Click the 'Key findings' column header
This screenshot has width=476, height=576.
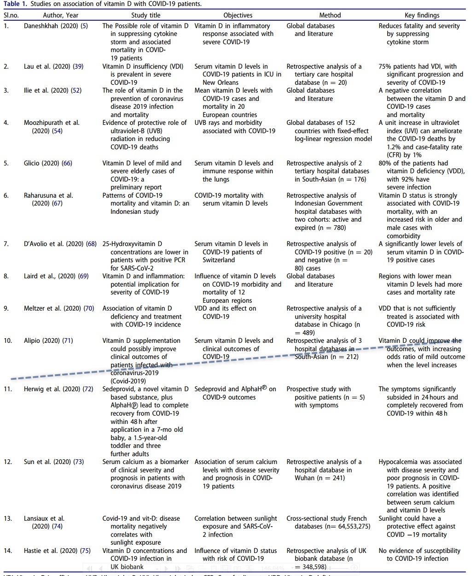click(422, 15)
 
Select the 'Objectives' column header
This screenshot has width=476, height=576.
click(238, 15)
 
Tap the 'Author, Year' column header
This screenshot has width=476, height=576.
click(61, 15)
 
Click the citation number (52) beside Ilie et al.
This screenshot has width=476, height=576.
click(75, 90)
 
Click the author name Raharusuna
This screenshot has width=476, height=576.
click(44, 195)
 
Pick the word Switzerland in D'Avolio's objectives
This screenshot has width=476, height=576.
click(219, 260)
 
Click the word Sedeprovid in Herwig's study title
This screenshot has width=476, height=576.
click(119, 389)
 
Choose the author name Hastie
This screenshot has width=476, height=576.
click(33, 551)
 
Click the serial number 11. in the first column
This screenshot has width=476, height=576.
click(7, 389)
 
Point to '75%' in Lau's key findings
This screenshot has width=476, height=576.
click(385, 66)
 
